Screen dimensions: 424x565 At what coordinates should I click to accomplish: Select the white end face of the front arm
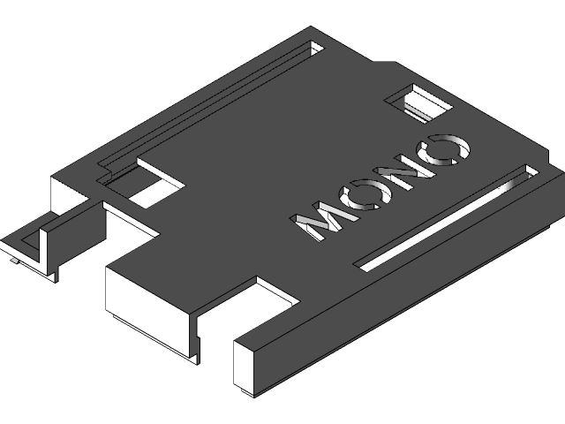point(248,366)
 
